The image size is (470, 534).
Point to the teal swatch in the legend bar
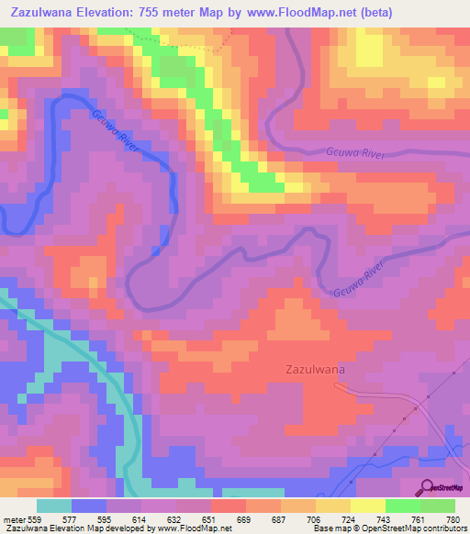(54, 505)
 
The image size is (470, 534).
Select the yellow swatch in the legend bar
(368, 505)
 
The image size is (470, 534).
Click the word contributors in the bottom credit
(442, 528)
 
